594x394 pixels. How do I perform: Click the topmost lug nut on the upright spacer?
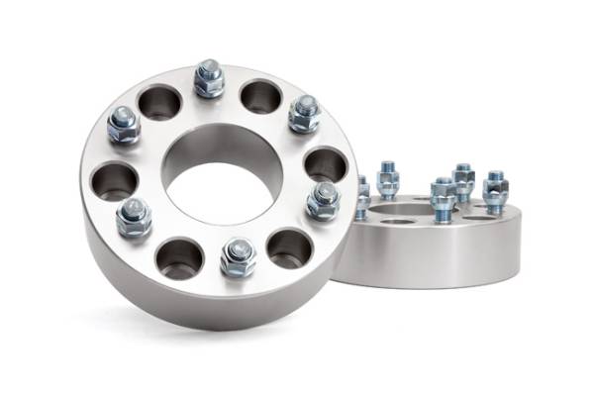pyautogui.click(x=209, y=79)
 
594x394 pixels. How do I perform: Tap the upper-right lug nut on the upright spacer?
pyautogui.click(x=304, y=114)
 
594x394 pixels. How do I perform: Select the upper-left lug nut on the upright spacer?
pyautogui.click(x=124, y=124)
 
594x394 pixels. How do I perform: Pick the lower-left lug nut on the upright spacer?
pyautogui.click(x=133, y=217)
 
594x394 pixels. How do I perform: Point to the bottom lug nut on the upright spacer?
pyautogui.click(x=238, y=257)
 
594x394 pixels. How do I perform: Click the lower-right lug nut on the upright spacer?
pyautogui.click(x=323, y=200)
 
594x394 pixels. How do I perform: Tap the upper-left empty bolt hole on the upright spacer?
pyautogui.click(x=159, y=101)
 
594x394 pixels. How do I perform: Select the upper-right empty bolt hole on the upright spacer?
pyautogui.click(x=261, y=96)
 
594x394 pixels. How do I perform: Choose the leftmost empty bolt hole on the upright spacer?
pyautogui.click(x=114, y=181)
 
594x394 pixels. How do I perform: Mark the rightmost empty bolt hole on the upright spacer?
pyautogui.click(x=325, y=163)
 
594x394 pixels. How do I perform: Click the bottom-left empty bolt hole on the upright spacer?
pyautogui.click(x=179, y=257)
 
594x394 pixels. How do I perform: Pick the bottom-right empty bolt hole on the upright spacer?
pyautogui.click(x=289, y=247)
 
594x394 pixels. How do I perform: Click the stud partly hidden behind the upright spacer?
pyautogui.click(x=363, y=196)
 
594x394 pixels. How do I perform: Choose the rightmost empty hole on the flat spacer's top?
pyautogui.click(x=479, y=211)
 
